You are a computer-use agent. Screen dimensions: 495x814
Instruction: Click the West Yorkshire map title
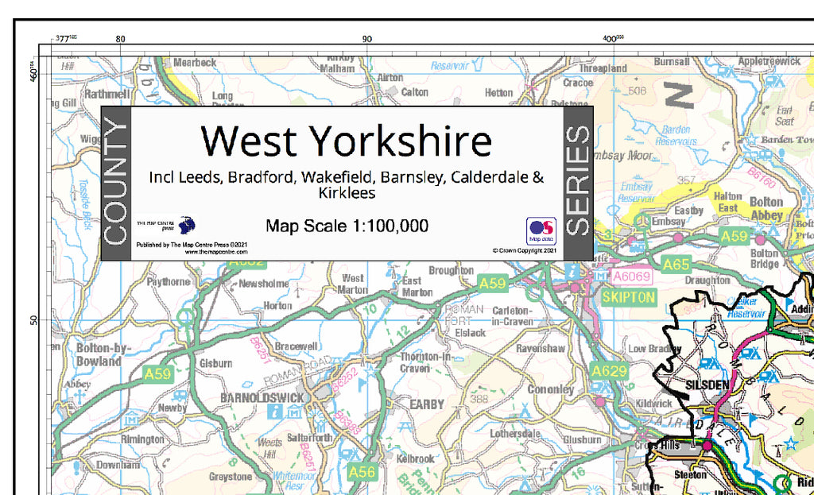pyautogui.click(x=347, y=141)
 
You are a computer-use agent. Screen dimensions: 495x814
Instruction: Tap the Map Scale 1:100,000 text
pyautogui.click(x=347, y=226)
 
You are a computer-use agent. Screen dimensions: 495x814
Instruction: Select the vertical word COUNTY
pyautogui.click(x=115, y=183)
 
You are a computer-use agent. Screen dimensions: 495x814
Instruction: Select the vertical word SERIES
pyautogui.click(x=577, y=183)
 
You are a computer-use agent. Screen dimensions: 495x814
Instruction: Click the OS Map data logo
pyautogui.click(x=541, y=230)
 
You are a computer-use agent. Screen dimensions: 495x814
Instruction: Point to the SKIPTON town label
pyautogui.click(x=629, y=297)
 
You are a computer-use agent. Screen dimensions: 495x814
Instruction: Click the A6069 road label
pyautogui.click(x=631, y=277)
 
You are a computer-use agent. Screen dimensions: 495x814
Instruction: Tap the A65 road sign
pyautogui.click(x=676, y=265)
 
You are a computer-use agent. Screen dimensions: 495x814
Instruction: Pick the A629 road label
pyautogui.click(x=609, y=371)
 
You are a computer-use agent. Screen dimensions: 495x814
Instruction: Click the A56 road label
pyautogui.click(x=362, y=472)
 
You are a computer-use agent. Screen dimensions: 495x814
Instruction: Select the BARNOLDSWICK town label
pyautogui.click(x=262, y=397)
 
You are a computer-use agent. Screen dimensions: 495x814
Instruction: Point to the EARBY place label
pyautogui.click(x=426, y=404)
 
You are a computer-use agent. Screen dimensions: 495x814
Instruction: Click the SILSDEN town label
pyautogui.click(x=707, y=385)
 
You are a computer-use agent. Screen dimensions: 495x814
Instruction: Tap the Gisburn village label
pyautogui.click(x=215, y=363)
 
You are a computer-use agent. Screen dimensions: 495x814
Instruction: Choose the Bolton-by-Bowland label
pyautogui.click(x=99, y=354)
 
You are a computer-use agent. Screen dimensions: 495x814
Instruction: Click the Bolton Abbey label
pyautogui.click(x=766, y=208)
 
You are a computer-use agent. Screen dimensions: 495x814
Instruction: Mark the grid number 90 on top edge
pyautogui.click(x=366, y=38)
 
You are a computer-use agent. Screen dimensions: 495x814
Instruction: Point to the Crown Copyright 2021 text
pyautogui.click(x=524, y=250)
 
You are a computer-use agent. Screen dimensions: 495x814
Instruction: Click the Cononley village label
pyautogui.click(x=550, y=389)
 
